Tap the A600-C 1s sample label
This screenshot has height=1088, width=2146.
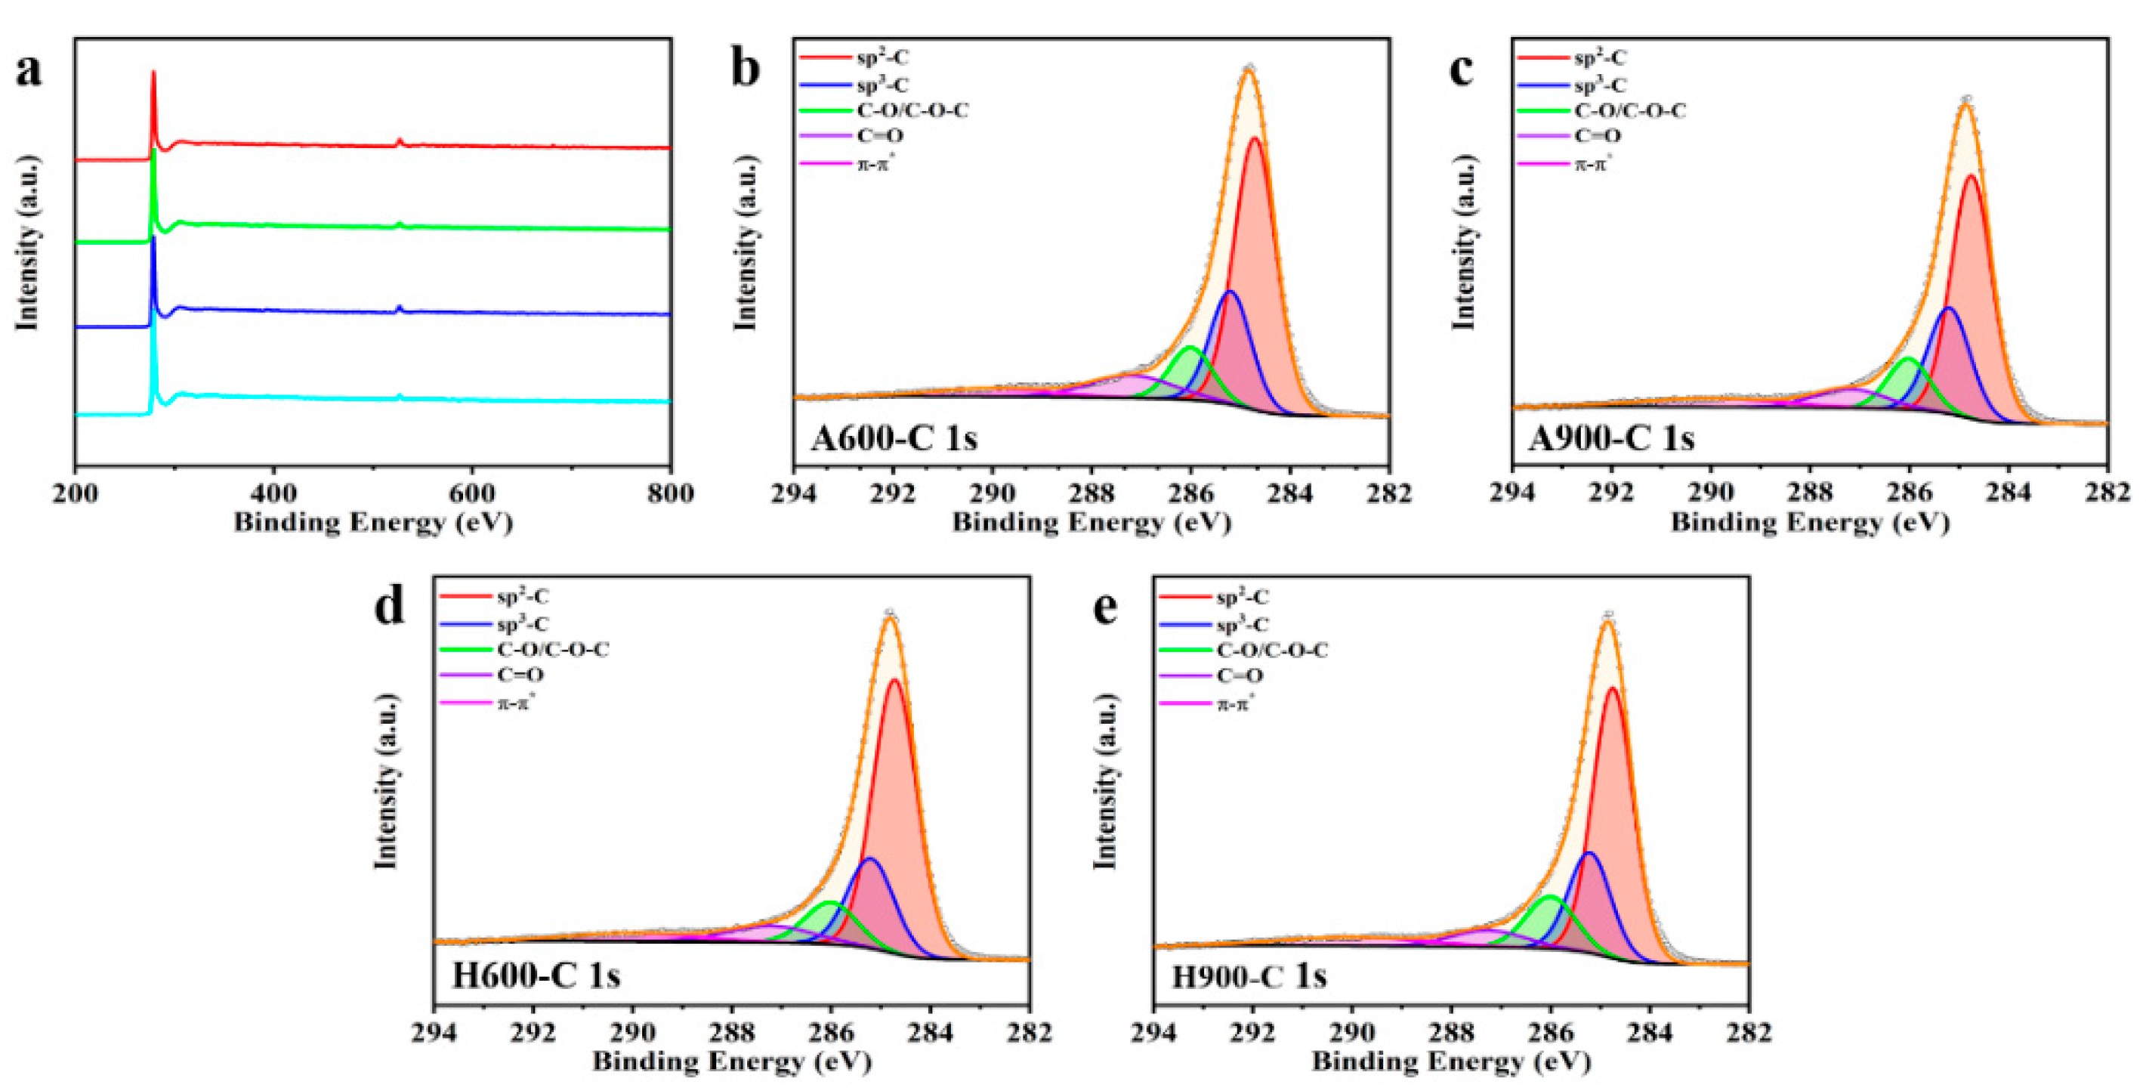pos(893,437)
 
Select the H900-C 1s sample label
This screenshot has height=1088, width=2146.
pos(1249,975)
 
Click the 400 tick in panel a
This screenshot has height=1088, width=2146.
pos(273,493)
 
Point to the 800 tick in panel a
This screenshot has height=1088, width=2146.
pos(670,493)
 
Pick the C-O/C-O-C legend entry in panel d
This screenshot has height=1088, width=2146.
pos(552,649)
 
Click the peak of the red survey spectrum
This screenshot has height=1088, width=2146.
pos(153,73)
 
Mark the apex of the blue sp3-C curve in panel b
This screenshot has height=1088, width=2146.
pos(1230,292)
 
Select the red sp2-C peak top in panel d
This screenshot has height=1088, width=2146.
pos(896,681)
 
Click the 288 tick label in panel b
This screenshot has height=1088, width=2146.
pos(1092,493)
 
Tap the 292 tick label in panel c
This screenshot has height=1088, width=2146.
pos(1611,493)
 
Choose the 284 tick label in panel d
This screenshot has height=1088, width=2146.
pos(931,1033)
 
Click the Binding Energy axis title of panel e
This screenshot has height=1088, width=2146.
pos(1451,1062)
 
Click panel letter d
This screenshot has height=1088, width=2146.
pos(388,607)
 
